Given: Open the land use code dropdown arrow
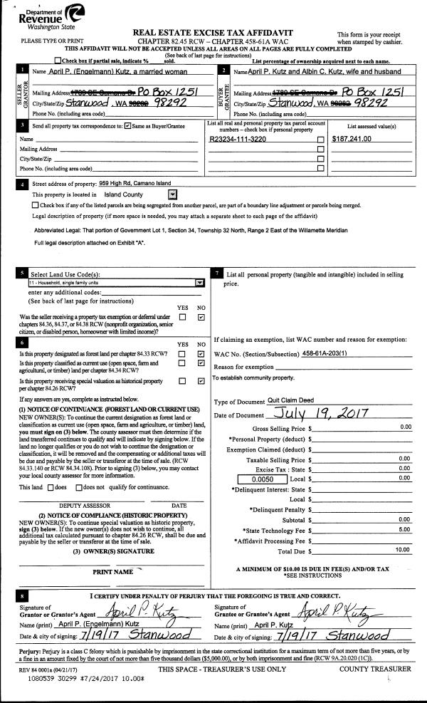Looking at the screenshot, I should click(199, 282).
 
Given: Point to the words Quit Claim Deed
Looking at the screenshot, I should click(292, 401).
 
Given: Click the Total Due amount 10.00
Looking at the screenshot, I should click(403, 550).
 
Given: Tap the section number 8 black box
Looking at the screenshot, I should click(24, 595).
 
